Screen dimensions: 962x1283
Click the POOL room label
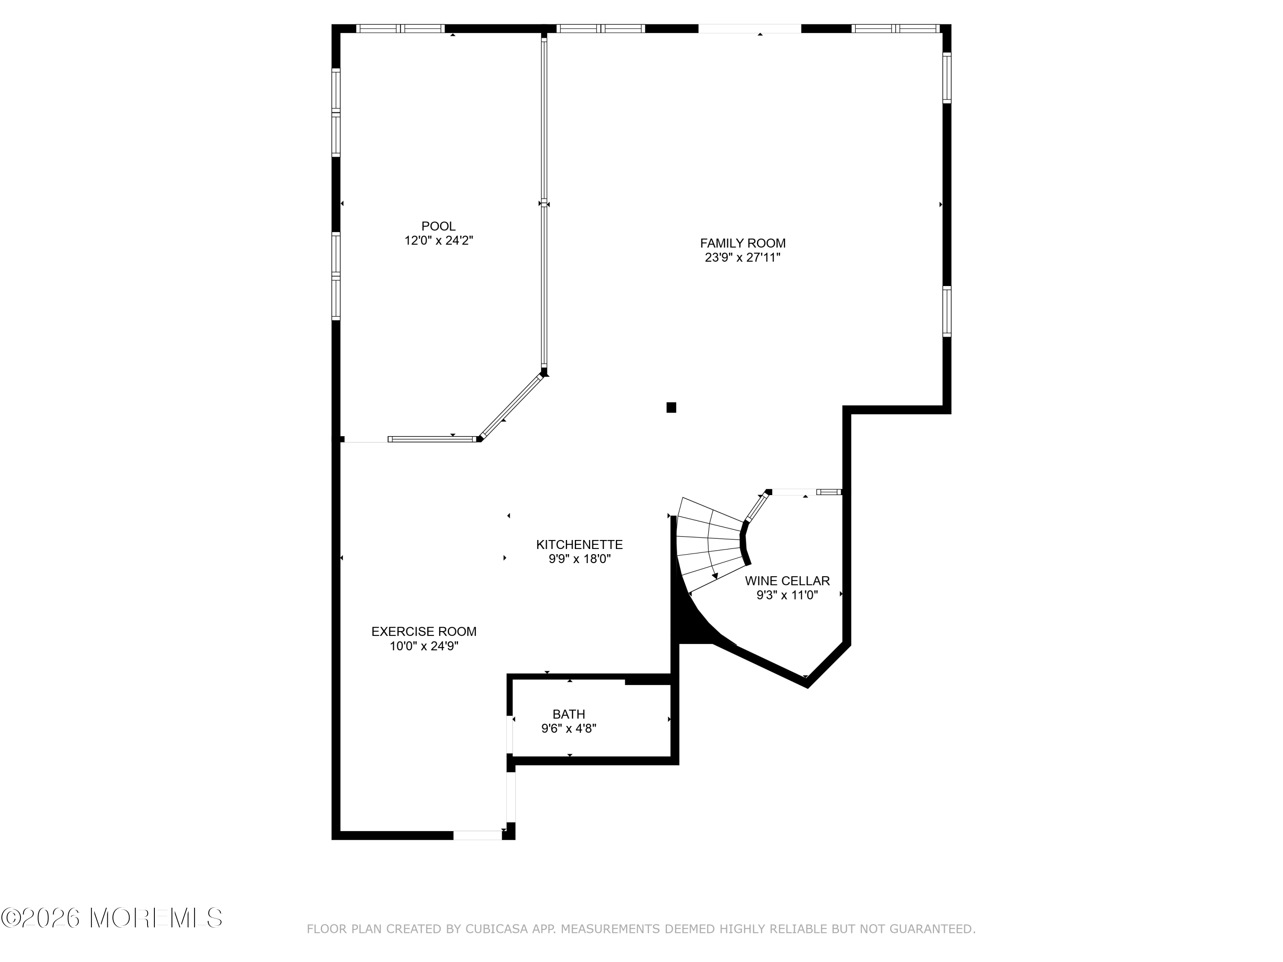click(x=438, y=226)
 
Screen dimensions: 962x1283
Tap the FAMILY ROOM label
click(x=742, y=244)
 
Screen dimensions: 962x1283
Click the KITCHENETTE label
click(x=579, y=545)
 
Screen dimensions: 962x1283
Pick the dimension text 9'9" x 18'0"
click(x=579, y=559)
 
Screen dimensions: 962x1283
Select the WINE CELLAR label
click(x=787, y=581)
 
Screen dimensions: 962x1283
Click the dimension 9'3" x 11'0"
click(x=787, y=595)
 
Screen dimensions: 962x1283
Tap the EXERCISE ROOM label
click(x=423, y=631)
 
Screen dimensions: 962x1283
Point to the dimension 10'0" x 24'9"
click(x=423, y=646)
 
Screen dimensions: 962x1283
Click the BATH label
click(x=568, y=714)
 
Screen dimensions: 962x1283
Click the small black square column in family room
click(x=671, y=407)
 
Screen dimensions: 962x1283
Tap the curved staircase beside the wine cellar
click(x=710, y=545)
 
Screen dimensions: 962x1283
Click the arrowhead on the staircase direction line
click(x=715, y=576)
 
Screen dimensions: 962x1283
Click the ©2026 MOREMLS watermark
click(x=111, y=918)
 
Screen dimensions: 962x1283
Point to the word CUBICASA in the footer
click(x=497, y=929)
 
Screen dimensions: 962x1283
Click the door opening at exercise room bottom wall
click(x=477, y=835)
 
